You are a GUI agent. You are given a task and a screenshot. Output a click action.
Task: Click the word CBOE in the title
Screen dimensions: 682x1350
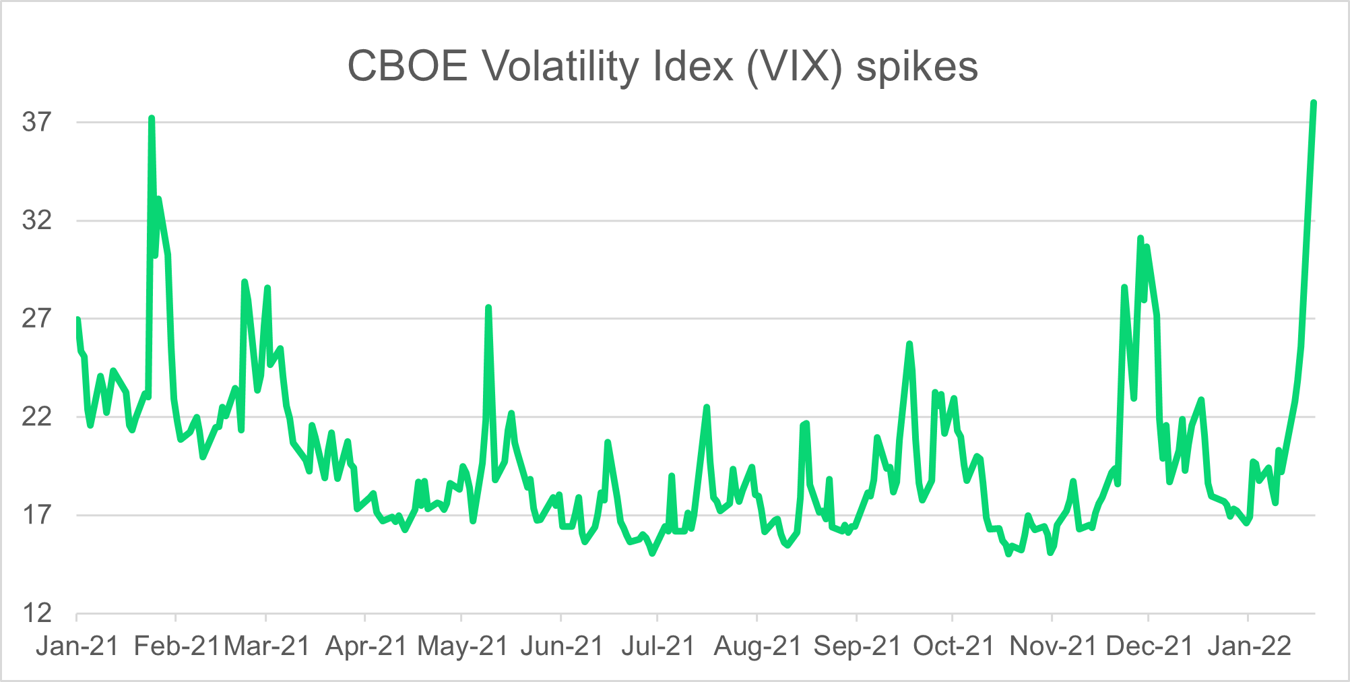pyautogui.click(x=407, y=67)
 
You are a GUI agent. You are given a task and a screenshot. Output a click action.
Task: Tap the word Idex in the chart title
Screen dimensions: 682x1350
pyautogui.click(x=693, y=67)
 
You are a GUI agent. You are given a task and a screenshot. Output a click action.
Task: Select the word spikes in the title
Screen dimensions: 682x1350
pyautogui.click(x=917, y=67)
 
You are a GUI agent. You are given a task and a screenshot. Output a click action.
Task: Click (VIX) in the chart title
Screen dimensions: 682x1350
pyautogui.click(x=795, y=67)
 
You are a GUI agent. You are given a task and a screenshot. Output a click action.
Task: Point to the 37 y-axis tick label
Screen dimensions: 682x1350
pyautogui.click(x=37, y=122)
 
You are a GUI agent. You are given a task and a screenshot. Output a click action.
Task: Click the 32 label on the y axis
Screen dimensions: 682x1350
pyautogui.click(x=37, y=220)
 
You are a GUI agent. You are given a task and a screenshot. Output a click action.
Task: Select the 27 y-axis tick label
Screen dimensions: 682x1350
pyautogui.click(x=37, y=319)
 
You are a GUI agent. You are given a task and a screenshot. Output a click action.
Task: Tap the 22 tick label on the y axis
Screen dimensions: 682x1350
pyautogui.click(x=37, y=417)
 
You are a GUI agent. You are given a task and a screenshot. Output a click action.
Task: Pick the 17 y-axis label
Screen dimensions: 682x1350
pyautogui.click(x=37, y=516)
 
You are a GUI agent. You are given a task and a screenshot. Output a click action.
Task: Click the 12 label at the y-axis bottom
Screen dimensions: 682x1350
pyautogui.click(x=37, y=613)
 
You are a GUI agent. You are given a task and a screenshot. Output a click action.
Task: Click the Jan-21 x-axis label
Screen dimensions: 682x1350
pyautogui.click(x=77, y=646)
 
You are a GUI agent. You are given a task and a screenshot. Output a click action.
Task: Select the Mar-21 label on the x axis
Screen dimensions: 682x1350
pyautogui.click(x=267, y=646)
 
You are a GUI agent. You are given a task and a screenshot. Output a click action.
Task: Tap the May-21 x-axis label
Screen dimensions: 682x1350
pyautogui.click(x=463, y=646)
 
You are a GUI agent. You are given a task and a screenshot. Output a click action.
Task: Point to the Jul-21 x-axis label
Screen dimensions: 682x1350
pyautogui.click(x=658, y=646)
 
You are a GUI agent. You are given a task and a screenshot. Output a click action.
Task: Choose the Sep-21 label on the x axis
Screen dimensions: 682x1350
pyautogui.click(x=857, y=646)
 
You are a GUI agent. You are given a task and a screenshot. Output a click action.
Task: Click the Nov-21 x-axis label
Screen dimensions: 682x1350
pyautogui.click(x=1053, y=646)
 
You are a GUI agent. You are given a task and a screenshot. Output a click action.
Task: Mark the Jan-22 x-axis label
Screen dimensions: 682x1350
pyautogui.click(x=1249, y=646)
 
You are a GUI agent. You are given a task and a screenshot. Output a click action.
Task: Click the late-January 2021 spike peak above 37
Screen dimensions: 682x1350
pyautogui.click(x=152, y=118)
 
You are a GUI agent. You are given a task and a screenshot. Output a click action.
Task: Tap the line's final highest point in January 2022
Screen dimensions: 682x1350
pyautogui.click(x=1314, y=102)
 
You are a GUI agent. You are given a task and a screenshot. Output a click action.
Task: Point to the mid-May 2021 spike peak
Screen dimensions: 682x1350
pyautogui.click(x=488, y=308)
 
